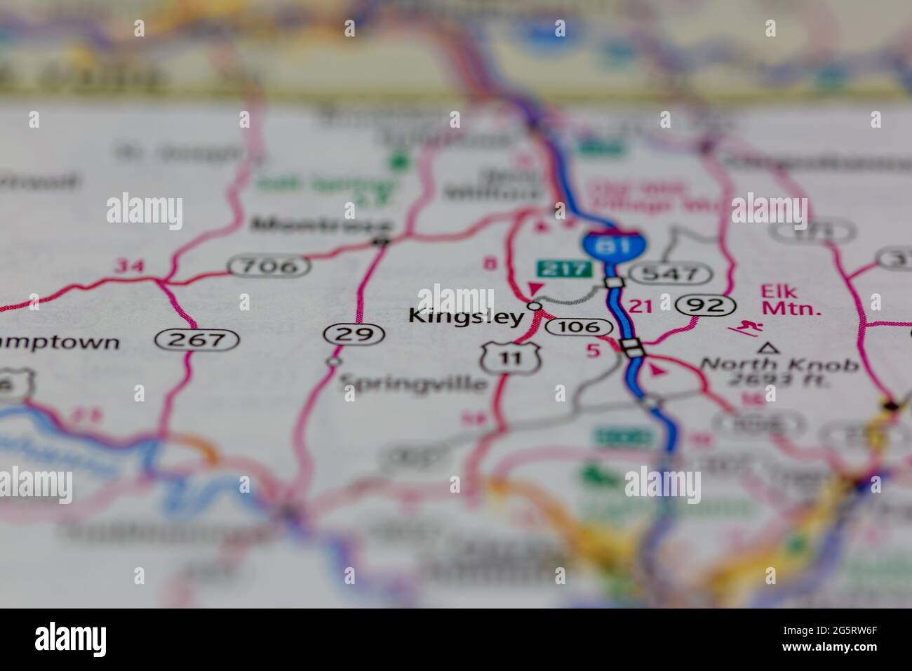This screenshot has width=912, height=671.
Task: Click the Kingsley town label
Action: [x=466, y=317]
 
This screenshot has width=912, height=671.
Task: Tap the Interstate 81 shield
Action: [x=615, y=244]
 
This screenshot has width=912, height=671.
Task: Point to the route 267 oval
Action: [x=197, y=340]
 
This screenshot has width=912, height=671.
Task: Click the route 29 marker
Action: [x=354, y=334]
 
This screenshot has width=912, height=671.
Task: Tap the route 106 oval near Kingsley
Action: [x=582, y=327]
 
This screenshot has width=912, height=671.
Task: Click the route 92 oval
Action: [x=706, y=305]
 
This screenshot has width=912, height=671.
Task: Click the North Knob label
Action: [x=779, y=365]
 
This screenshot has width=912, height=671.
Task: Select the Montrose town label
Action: [x=322, y=225]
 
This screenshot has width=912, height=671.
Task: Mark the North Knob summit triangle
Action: [x=770, y=347]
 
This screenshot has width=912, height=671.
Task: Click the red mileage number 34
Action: [x=128, y=266]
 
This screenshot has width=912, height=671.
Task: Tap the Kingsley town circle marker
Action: [x=535, y=306]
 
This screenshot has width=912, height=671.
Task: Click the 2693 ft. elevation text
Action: [x=777, y=381]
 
